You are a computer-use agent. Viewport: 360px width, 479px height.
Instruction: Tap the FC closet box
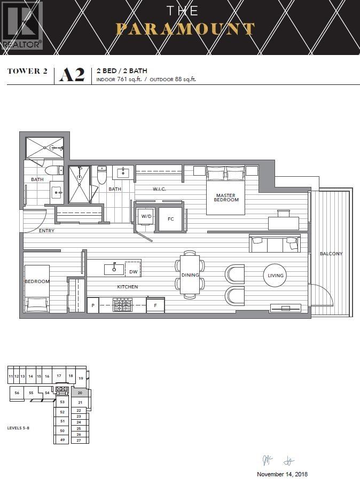pos(171,219)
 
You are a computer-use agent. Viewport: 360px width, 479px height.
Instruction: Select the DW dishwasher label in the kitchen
pos(133,272)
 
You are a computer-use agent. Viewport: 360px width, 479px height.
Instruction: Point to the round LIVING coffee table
pos(276,276)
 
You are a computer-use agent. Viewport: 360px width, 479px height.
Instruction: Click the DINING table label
pos(190,276)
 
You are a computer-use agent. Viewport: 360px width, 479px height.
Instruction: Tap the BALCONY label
pos(331,254)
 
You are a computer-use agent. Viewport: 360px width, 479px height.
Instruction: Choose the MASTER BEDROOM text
pos(226,198)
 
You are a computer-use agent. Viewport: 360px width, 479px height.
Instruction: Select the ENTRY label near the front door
pos(46,231)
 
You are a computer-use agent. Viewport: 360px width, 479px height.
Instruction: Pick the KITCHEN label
pos(128,287)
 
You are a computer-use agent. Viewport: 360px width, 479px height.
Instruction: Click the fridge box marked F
pos(155,305)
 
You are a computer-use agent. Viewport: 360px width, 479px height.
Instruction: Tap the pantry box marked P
pos(93,305)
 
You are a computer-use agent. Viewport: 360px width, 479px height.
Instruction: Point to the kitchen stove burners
pos(122,305)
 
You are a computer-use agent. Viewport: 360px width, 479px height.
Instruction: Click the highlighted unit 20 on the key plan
pos(79,392)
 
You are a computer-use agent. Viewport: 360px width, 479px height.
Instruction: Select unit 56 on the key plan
pos(17,393)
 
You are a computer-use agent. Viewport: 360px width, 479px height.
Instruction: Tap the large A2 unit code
pos(73,75)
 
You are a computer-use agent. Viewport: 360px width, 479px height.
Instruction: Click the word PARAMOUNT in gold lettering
pos(185,29)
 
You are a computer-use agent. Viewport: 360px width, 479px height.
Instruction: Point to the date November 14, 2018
pos(282,474)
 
